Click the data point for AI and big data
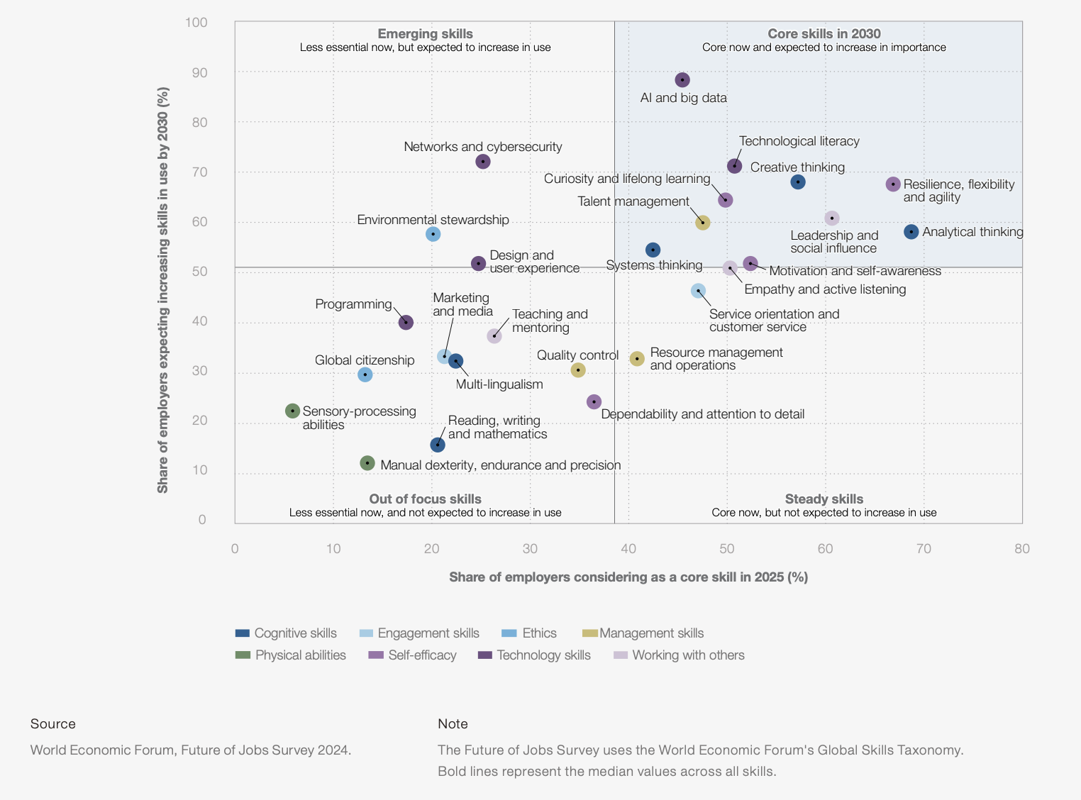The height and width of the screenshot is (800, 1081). point(682,80)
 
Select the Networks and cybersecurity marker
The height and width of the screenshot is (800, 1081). point(483,162)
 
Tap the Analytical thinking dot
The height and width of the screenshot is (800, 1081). point(911,232)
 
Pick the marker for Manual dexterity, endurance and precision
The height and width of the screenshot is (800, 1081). point(367,463)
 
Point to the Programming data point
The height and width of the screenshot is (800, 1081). point(406,323)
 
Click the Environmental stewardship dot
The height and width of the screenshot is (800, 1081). point(433,234)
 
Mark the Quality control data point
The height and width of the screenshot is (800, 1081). point(578,370)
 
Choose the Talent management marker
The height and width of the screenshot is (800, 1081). point(703,223)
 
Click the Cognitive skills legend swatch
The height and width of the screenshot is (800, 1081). point(243,633)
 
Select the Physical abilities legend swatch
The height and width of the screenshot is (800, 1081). point(243,655)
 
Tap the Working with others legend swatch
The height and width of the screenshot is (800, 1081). point(621,655)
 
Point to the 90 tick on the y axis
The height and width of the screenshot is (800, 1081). point(196,72)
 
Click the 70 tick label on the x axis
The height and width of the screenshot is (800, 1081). point(924,549)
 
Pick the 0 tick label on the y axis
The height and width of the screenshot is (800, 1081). point(202,520)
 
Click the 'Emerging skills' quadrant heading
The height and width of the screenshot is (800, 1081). point(425,33)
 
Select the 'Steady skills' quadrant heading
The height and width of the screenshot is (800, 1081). point(824,499)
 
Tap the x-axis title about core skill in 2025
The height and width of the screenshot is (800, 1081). point(628,577)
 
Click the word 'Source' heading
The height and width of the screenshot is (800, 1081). point(53,724)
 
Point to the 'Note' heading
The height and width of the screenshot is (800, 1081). point(453,724)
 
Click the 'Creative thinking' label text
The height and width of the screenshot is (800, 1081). point(797,167)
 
